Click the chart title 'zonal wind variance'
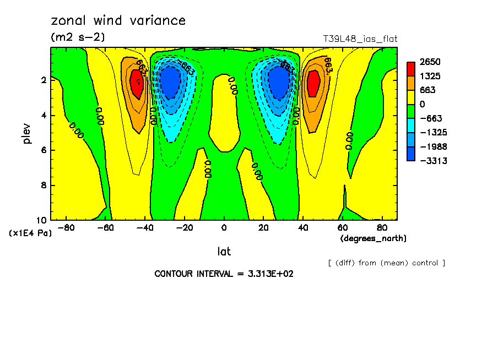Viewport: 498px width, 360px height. pyautogui.click(x=118, y=21)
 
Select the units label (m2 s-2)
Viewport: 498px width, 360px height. pyautogui.click(x=78, y=37)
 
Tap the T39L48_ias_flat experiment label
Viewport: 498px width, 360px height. pyautogui.click(x=360, y=39)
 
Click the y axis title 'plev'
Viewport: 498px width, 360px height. pyautogui.click(x=27, y=133)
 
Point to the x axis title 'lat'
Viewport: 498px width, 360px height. pyautogui.click(x=224, y=252)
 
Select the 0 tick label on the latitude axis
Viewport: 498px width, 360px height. pyautogui.click(x=224, y=227)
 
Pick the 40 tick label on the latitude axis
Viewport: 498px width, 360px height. pyautogui.click(x=302, y=227)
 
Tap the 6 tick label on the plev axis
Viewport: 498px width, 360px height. pyautogui.click(x=44, y=150)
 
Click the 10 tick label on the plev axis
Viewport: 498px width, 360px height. pyautogui.click(x=41, y=220)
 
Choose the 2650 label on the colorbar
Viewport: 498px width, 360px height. pyautogui.click(x=429, y=62)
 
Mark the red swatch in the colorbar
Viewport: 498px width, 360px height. pyautogui.click(x=411, y=69)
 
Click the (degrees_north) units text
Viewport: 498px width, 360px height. pyautogui.click(x=373, y=238)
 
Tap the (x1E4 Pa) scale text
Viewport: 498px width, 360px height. pyautogui.click(x=31, y=233)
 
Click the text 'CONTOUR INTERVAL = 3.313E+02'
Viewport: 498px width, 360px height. pyautogui.click(x=224, y=274)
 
